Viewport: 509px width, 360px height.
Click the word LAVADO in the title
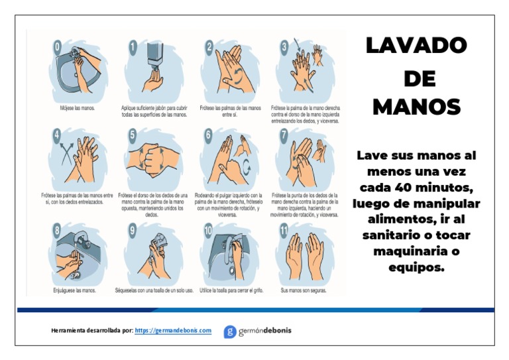tap(416, 46)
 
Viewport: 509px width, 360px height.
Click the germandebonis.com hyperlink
tap(173, 330)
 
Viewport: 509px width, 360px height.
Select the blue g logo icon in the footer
tap(229, 331)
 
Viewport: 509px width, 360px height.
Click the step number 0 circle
tap(58, 47)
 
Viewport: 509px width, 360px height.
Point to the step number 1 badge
tap(133, 47)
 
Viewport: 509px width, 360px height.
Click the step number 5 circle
tap(133, 135)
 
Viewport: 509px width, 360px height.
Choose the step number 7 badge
tap(284, 135)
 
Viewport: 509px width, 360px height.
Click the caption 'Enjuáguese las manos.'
tap(74, 290)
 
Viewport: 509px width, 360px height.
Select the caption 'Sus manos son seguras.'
tap(304, 290)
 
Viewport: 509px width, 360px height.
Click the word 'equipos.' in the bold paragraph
tap(416, 267)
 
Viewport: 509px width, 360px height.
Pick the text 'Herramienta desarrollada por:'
tap(91, 330)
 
